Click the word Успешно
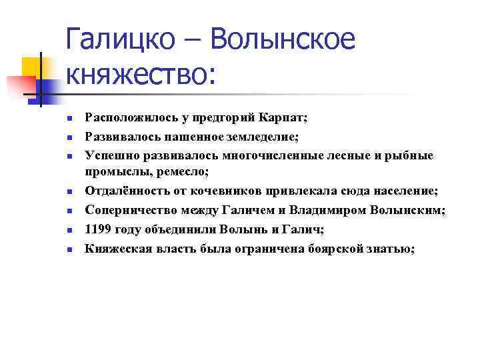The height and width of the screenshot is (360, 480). click(x=109, y=155)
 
